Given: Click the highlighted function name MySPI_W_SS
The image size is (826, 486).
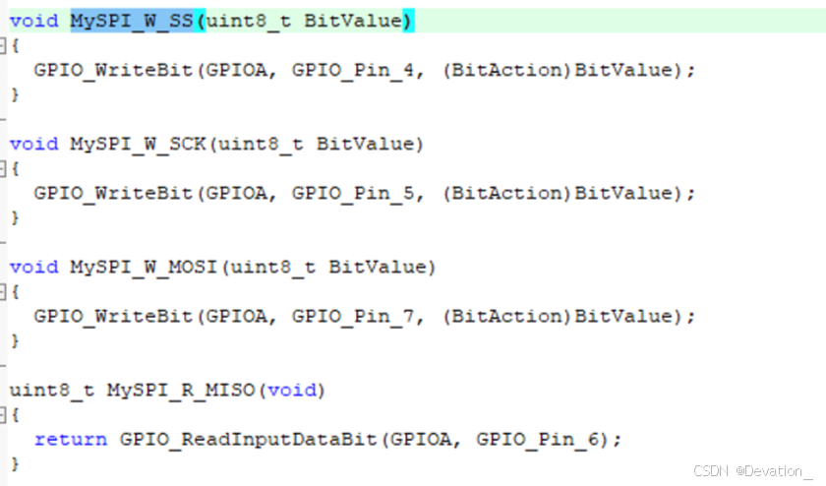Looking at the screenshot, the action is tap(132, 21).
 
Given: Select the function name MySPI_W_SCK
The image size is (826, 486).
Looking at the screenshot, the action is tap(138, 144).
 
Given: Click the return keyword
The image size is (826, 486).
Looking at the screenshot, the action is tap(71, 440).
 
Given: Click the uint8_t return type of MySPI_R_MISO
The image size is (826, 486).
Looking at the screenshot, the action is tap(52, 391).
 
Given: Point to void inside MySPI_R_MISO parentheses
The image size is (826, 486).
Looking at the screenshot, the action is tap(293, 391).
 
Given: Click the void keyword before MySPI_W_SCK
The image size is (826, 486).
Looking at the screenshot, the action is tap(34, 144).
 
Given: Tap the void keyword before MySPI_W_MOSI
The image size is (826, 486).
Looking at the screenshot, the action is tap(34, 267).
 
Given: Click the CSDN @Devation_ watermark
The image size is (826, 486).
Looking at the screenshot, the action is tap(753, 471).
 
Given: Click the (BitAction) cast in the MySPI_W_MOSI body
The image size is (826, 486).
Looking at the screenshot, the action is tap(507, 316).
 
